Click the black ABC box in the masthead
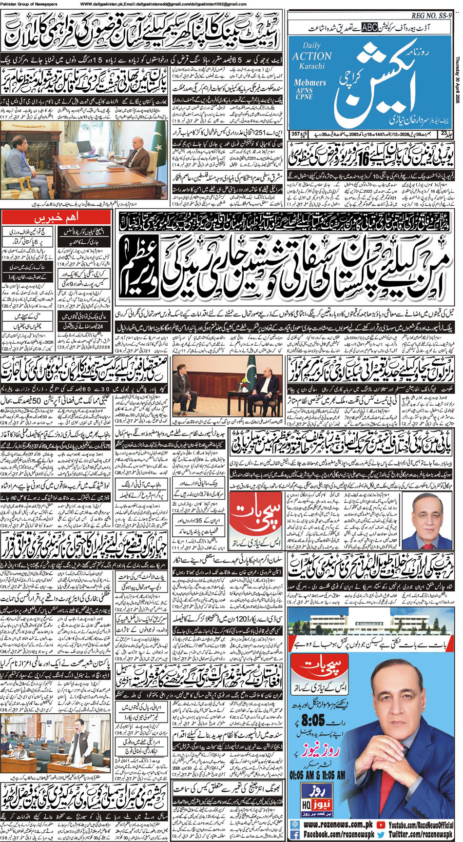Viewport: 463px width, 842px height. [x=369, y=28]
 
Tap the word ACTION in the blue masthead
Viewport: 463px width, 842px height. [x=311, y=56]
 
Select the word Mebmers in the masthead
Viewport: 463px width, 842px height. [x=309, y=83]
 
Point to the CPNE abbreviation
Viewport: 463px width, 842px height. [x=304, y=97]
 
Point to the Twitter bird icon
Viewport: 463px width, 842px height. [x=382, y=835]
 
